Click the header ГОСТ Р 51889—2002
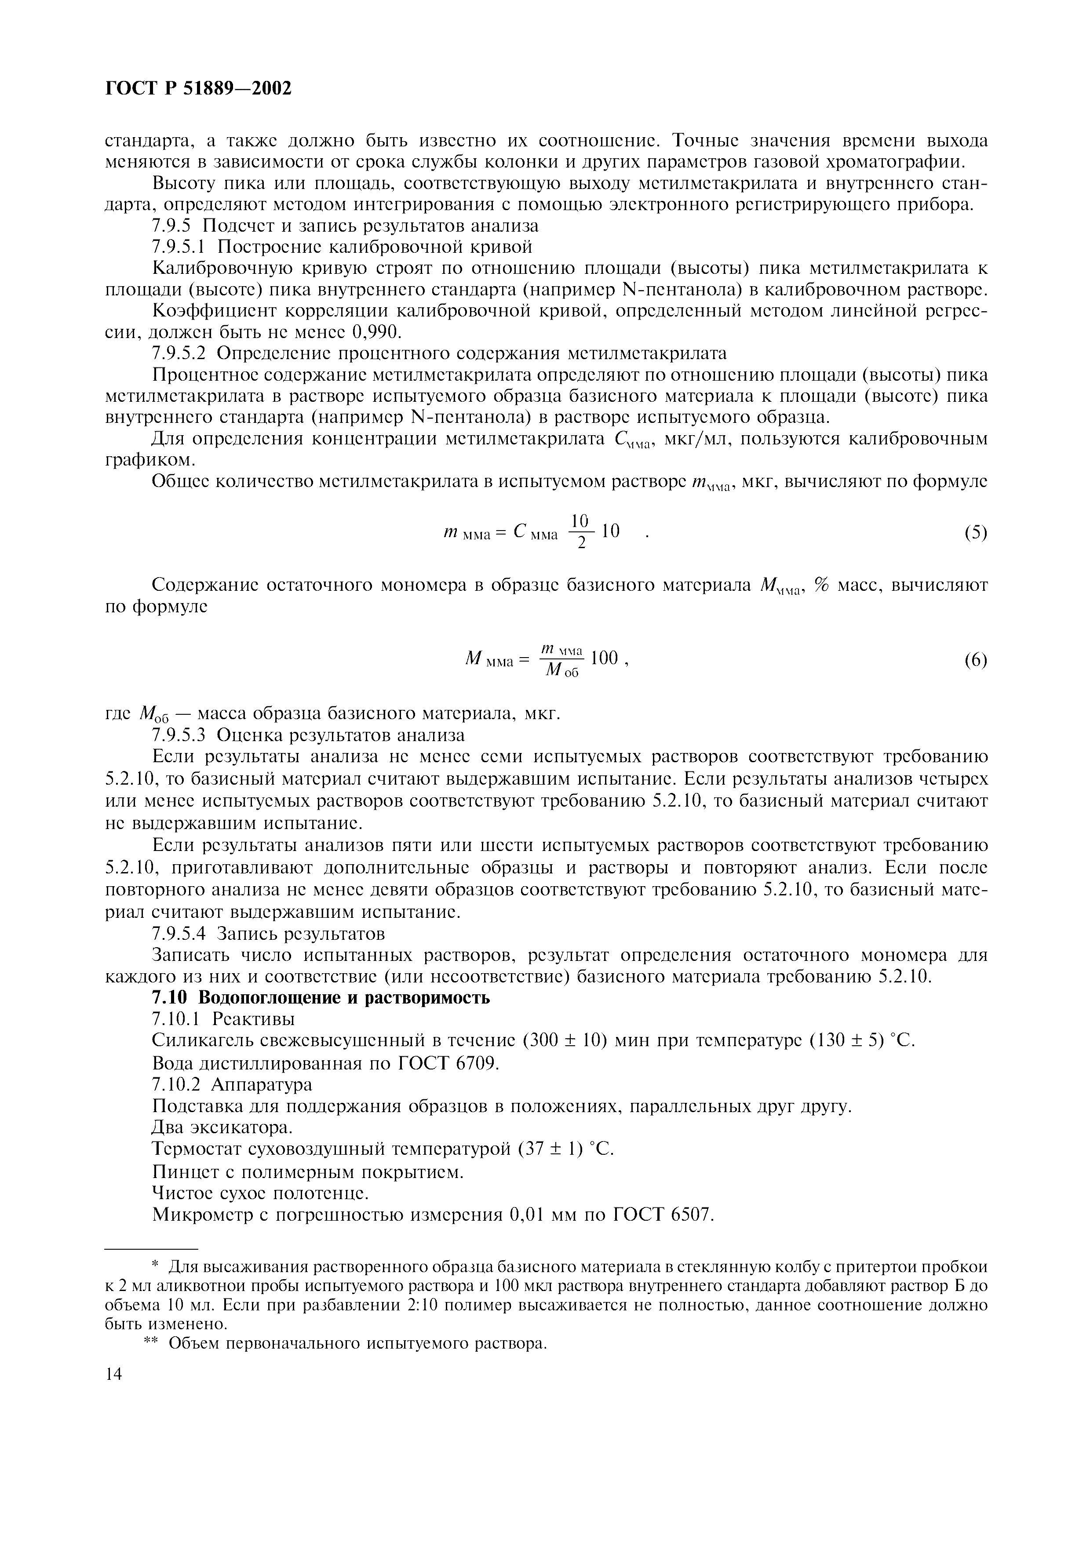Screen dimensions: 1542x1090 tap(199, 88)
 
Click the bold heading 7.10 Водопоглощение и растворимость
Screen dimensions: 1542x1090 tap(321, 997)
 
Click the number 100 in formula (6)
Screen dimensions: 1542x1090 tap(603, 658)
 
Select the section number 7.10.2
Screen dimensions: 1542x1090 tap(177, 1085)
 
